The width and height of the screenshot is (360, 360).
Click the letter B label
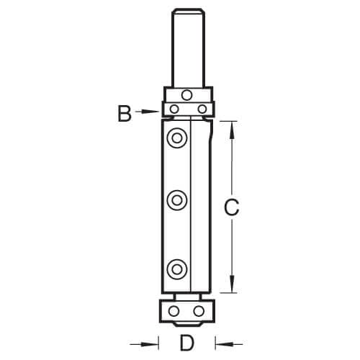click(x=125, y=114)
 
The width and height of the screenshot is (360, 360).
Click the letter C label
click(x=231, y=207)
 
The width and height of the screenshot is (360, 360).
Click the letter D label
click(x=186, y=343)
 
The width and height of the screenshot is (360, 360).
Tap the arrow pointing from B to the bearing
click(x=147, y=112)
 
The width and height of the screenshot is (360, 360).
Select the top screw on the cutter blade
click(x=177, y=138)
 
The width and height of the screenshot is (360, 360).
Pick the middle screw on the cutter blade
click(x=177, y=200)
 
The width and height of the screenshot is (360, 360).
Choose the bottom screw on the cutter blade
click(x=177, y=269)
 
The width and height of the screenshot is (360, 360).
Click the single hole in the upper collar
click(x=186, y=95)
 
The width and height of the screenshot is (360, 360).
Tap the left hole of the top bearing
click(x=174, y=109)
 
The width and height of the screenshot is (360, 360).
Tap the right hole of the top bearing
click(x=202, y=109)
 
